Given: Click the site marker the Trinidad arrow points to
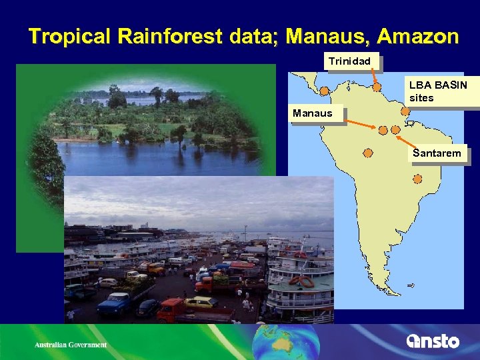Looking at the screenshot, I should pos(377,87).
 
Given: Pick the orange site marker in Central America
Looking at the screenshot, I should pos(324,91).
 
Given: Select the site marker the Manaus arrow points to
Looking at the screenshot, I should pos(383,130).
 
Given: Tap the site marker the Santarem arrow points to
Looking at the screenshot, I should pos(396,129).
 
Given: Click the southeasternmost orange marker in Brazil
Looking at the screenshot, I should pos(417,179).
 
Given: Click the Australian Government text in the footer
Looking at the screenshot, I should pos(71,345).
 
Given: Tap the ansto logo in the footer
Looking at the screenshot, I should pos(433,341).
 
